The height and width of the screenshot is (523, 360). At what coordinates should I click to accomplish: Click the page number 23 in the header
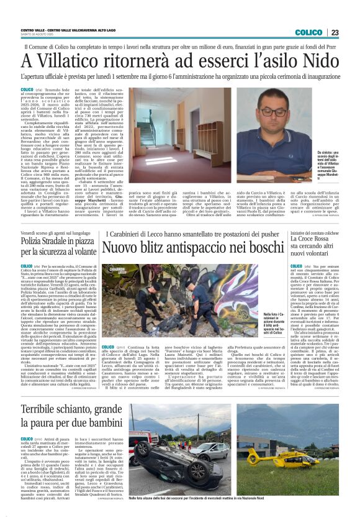335,32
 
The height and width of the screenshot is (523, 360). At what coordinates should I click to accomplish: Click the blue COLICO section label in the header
308,32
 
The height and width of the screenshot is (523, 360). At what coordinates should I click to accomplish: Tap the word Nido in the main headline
311,62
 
